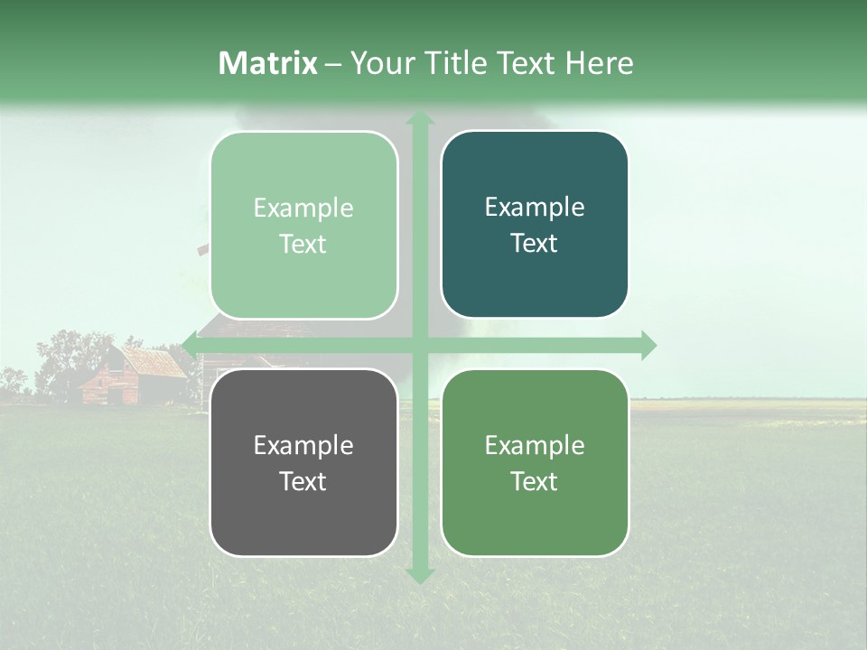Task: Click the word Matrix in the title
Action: tap(268, 63)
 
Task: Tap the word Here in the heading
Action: tap(599, 63)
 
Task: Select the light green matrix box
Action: tap(303, 225)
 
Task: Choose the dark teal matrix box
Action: tap(535, 225)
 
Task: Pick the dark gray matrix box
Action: tap(303, 462)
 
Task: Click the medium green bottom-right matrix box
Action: tap(535, 462)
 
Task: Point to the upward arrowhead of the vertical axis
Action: tap(419, 119)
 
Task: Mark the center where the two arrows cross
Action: tap(419, 345)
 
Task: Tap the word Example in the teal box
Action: tap(535, 207)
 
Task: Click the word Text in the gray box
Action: tap(303, 481)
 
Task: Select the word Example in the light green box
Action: tap(303, 208)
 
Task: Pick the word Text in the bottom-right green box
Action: tap(535, 481)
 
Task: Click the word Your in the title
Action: tap(380, 63)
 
